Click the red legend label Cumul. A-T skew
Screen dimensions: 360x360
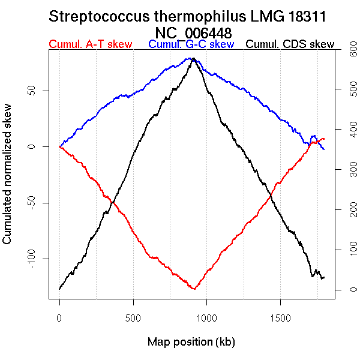90,45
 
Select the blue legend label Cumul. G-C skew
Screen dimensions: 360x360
191,45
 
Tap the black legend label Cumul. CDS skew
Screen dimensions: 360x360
290,45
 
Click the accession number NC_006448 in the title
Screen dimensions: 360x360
193,32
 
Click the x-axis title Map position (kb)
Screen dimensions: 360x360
191,342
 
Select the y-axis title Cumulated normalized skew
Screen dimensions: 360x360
8,181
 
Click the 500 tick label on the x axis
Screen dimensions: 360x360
133,316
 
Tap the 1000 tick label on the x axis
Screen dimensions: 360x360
206,316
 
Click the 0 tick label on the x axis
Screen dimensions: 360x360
59,316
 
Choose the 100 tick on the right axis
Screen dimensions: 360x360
346,250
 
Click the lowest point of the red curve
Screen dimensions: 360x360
193,289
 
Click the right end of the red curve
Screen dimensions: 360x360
325,139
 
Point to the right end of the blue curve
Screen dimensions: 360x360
325,149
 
